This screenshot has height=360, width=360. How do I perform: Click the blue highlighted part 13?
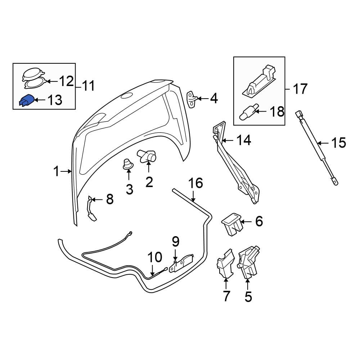tap(26, 101)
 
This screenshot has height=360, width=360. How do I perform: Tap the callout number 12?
tap(66, 81)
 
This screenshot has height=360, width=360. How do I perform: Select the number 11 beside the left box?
tap(89, 86)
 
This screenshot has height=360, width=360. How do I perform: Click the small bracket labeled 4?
tap(193, 99)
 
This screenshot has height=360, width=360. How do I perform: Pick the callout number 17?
tap(300, 89)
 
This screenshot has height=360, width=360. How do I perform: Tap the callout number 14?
tap(244, 140)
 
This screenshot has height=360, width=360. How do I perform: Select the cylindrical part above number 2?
tap(147, 156)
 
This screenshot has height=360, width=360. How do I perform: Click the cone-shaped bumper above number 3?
tap(129, 164)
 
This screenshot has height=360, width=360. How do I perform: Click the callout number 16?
tap(195, 183)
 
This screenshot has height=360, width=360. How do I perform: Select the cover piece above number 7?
tap(225, 264)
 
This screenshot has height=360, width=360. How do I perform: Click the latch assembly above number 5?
tap(249, 262)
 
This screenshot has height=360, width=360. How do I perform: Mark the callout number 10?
tap(155, 257)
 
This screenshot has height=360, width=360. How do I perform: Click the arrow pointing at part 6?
tap(246, 222)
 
